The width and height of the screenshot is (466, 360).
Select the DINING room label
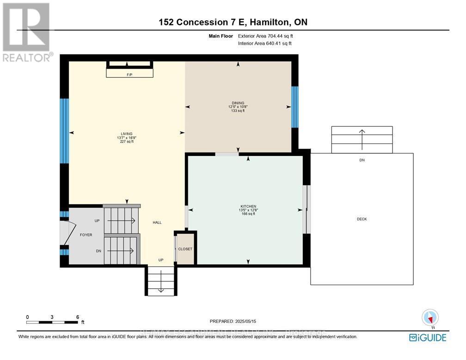click(238, 103)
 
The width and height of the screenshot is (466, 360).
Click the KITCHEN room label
click(248, 206)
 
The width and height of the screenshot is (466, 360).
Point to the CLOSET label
click(185, 249)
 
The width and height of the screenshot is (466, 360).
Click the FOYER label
click(86, 235)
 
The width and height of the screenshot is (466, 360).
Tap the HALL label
click(157, 223)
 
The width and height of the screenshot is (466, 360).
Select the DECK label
click(362, 219)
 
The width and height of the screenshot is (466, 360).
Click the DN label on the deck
click(362, 160)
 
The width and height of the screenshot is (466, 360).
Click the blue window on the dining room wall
click(294, 107)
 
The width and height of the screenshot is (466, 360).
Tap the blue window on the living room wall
click(65, 131)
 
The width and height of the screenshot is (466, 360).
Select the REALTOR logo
click(26, 32)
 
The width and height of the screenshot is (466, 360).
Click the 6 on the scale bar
click(78, 317)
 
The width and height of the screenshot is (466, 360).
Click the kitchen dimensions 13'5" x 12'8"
click(248, 210)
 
